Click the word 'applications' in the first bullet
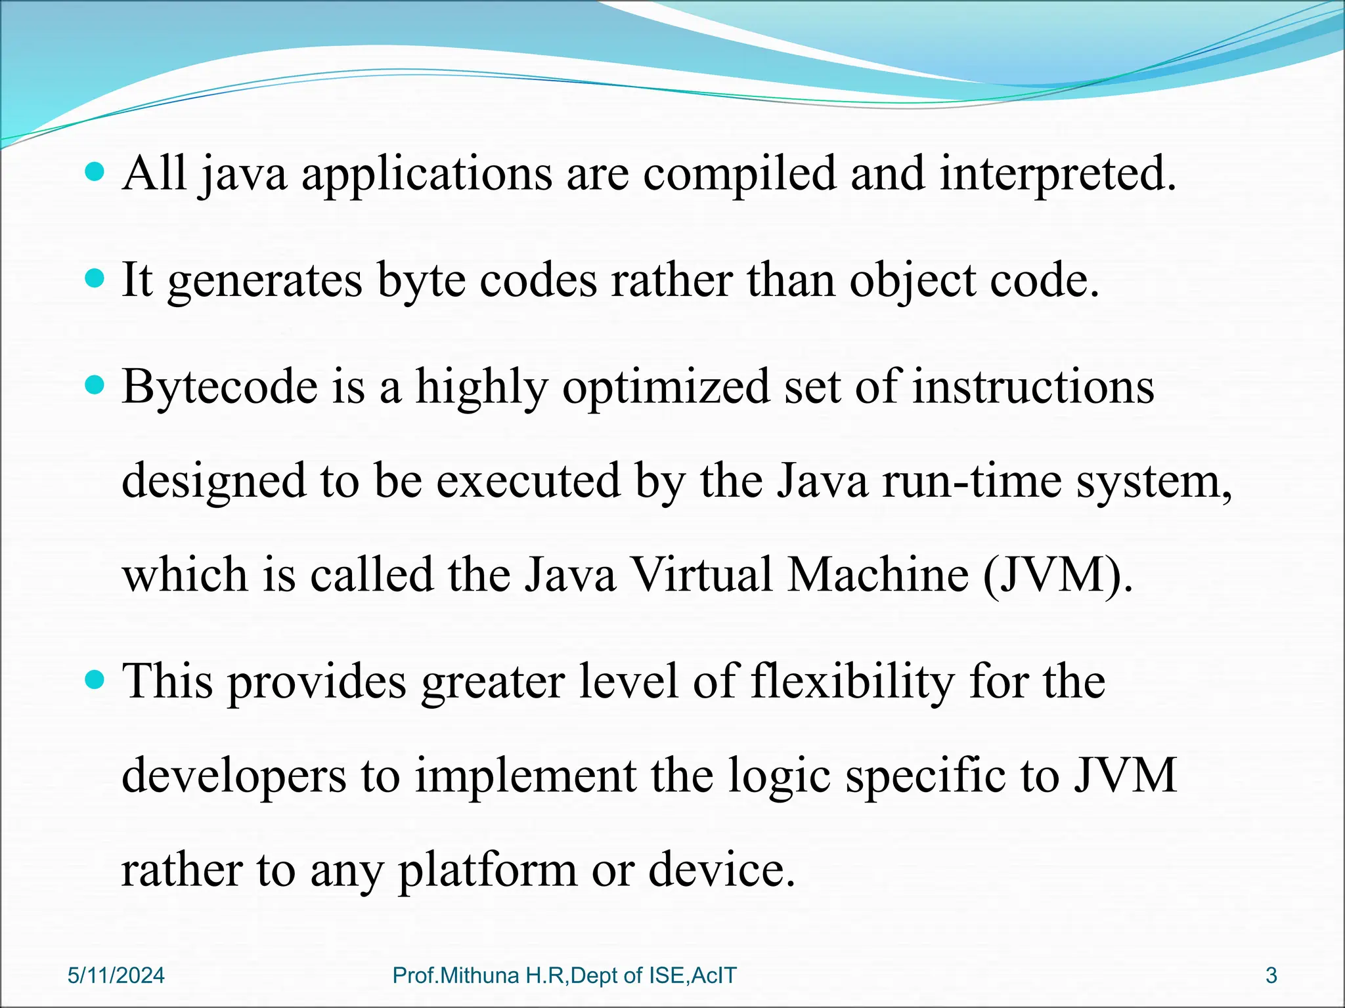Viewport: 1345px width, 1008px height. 427,175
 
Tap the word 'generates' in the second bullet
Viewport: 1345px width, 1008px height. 265,282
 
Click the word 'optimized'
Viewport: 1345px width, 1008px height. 665,387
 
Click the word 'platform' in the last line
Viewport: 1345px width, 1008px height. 487,871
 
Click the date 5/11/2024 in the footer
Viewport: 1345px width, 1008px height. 116,976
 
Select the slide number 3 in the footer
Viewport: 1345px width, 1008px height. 1271,976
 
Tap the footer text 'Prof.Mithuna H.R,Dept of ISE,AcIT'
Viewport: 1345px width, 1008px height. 564,976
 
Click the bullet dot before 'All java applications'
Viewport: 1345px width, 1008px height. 95,173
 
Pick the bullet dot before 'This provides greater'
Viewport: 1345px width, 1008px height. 95,681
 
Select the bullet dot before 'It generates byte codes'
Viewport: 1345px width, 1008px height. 95,280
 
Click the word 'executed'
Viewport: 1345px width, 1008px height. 528,481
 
